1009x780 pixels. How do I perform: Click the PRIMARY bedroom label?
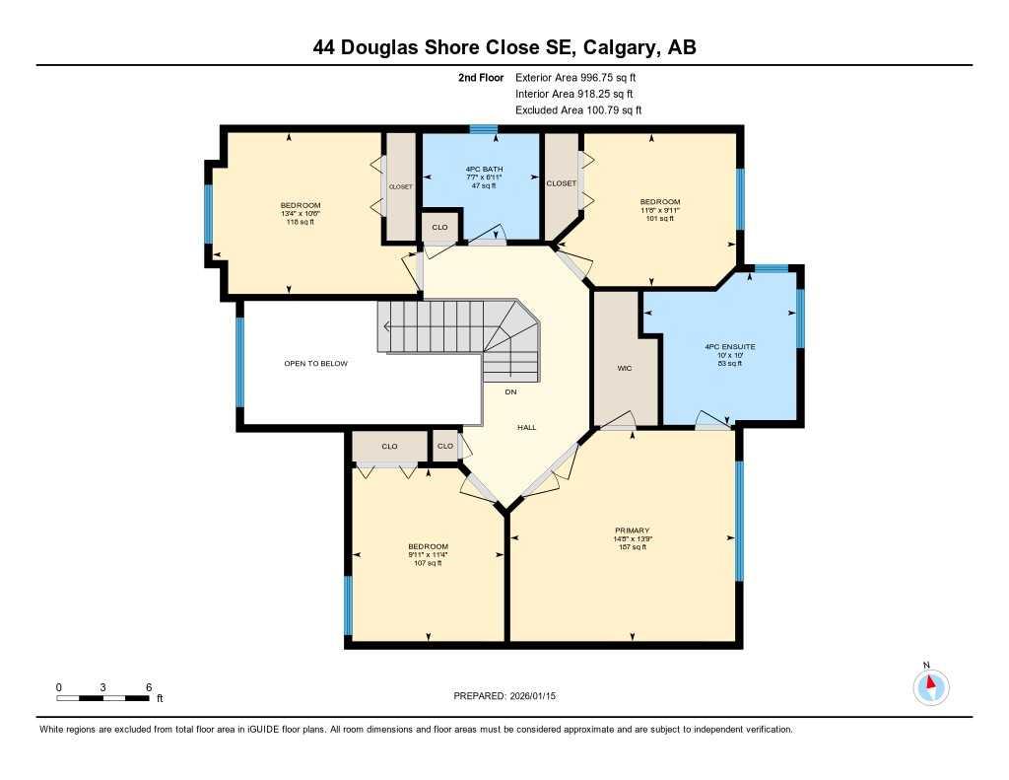pos(632,530)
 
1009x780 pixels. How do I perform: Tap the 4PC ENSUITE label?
pos(730,346)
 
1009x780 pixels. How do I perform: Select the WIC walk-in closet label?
pos(624,368)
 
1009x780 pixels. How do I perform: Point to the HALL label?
pos(527,427)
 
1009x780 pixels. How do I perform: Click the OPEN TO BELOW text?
pos(315,363)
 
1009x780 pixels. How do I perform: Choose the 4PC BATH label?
pos(484,169)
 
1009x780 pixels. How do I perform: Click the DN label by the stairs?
pos(510,391)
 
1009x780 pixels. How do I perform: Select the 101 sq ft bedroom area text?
pos(659,218)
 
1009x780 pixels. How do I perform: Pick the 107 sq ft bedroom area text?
pos(429,563)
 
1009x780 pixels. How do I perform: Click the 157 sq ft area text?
pos(632,547)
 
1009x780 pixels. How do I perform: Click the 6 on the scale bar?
pos(148,686)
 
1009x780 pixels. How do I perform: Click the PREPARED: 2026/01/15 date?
pos(511,695)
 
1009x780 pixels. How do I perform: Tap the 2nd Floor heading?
pos(482,77)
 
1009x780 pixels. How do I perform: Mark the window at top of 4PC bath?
pos(483,128)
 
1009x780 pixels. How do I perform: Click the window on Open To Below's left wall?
pos(238,362)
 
